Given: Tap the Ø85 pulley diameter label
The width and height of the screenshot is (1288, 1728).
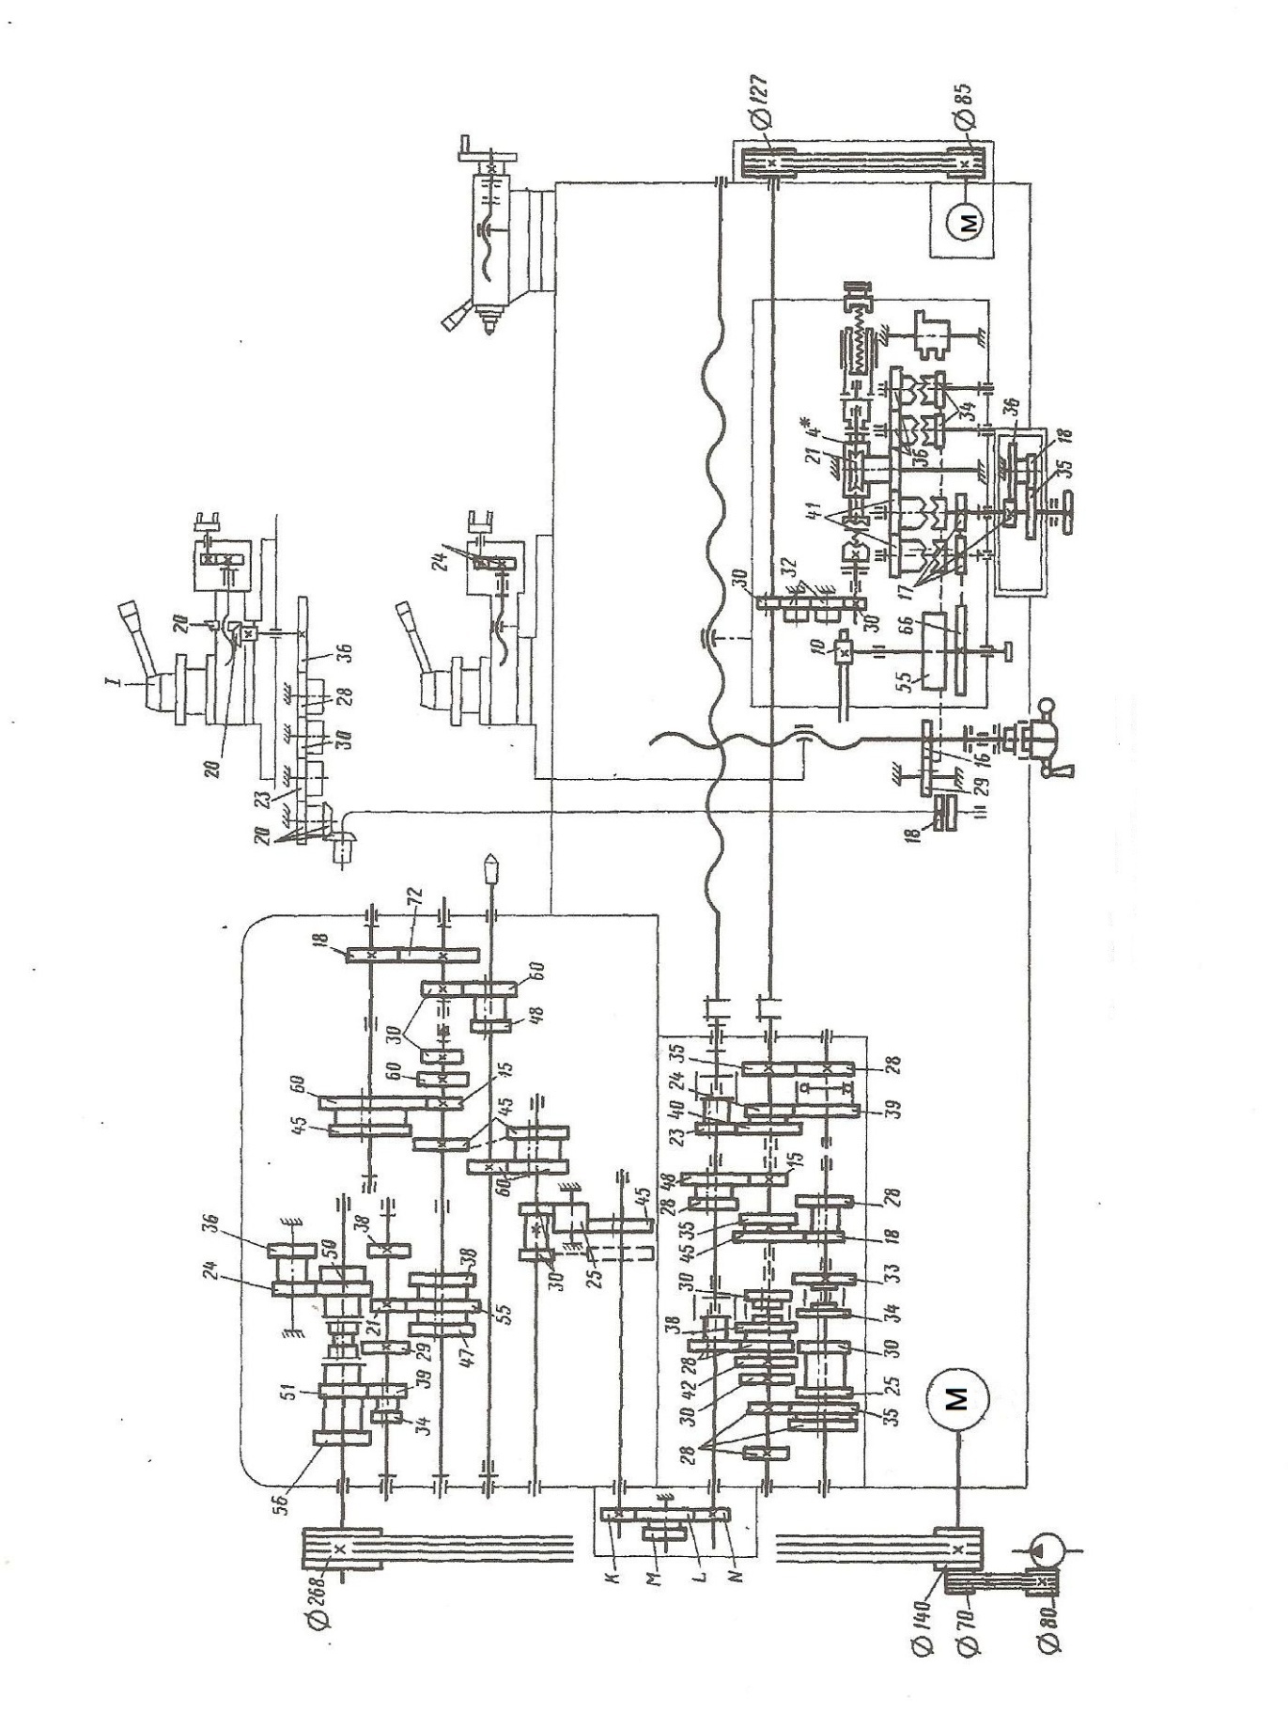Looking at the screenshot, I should (964, 108).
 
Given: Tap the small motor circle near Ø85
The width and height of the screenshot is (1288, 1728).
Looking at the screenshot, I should (970, 223).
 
